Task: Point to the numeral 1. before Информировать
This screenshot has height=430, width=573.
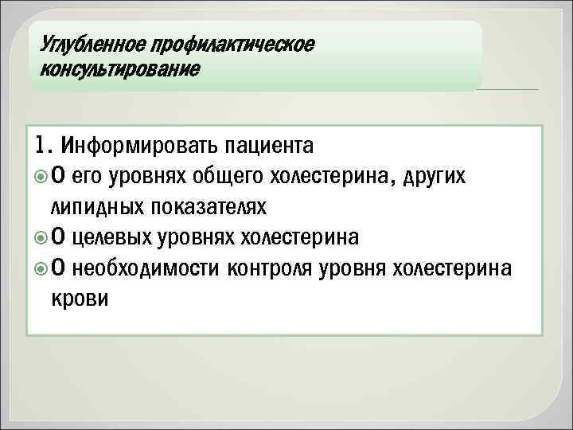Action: tap(45, 146)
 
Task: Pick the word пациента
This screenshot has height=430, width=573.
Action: tap(270, 147)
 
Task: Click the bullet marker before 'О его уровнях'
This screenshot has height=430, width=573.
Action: tap(42, 177)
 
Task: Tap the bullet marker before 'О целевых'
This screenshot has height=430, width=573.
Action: tap(42, 237)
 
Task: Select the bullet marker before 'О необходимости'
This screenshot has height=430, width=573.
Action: tap(42, 268)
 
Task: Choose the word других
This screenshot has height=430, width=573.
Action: tap(440, 177)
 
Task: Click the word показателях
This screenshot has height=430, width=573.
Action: tap(206, 207)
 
